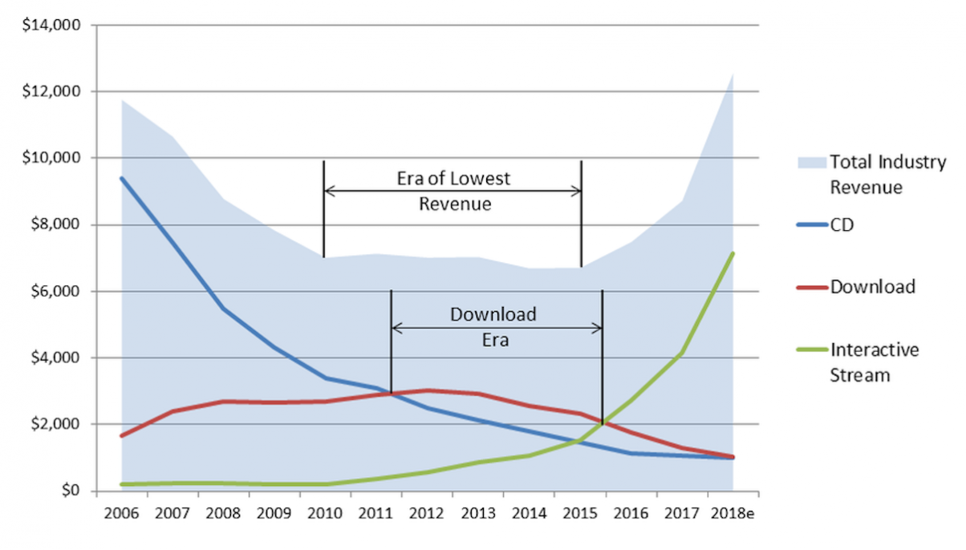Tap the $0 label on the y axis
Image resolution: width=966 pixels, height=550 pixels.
tap(72, 491)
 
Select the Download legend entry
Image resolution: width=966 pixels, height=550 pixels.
tap(872, 286)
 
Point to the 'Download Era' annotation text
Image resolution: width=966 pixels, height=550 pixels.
tap(492, 326)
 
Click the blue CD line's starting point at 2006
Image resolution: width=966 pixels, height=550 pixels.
tap(122, 178)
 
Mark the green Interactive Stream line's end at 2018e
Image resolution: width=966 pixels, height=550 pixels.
tap(733, 253)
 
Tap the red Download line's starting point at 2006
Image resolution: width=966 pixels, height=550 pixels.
tap(122, 435)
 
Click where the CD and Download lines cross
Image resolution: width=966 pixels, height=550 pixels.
tap(392, 394)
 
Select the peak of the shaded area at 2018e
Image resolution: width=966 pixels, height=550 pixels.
tap(733, 74)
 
